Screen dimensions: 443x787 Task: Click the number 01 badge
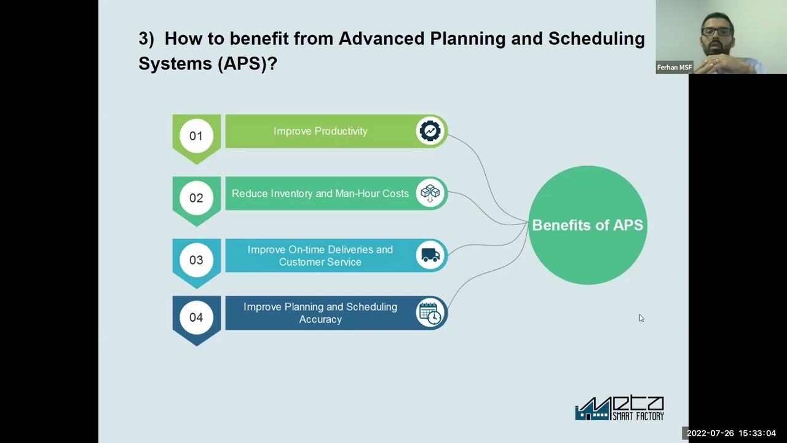coord(196,136)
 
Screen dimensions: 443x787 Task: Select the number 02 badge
coord(196,198)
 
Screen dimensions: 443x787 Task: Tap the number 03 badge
coord(196,260)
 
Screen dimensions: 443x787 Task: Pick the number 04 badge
coord(196,317)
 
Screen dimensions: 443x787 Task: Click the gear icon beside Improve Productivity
coord(430,131)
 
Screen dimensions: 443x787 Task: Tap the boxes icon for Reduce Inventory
coord(430,193)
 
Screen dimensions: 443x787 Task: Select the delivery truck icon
coord(430,255)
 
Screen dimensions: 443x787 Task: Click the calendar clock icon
coord(430,313)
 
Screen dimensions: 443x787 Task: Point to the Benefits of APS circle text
coord(587,225)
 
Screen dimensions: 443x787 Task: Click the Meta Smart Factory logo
coord(619,408)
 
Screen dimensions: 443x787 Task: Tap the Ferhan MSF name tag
coord(674,68)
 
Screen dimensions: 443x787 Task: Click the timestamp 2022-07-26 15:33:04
coord(731,433)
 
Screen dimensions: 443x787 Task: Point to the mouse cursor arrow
coord(641,317)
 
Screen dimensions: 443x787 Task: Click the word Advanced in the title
coord(381,39)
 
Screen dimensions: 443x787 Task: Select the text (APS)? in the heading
coord(247,63)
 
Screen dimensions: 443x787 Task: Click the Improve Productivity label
coord(320,131)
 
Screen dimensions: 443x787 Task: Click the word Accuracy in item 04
coord(320,319)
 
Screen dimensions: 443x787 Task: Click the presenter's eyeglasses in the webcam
coord(717,31)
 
